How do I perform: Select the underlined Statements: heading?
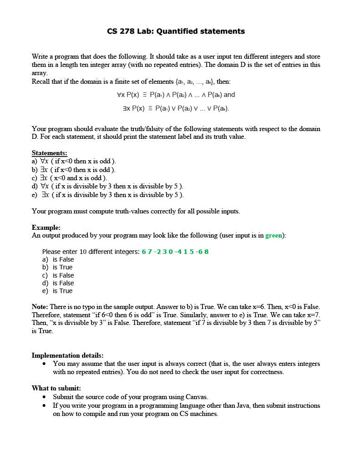(49, 153)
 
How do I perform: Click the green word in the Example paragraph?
(274, 235)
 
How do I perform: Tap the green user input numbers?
(175, 252)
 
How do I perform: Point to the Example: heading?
(46, 228)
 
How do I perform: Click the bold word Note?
(40, 307)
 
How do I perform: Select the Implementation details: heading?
(67, 355)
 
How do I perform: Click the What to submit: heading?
(56, 388)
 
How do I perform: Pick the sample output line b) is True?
(57, 267)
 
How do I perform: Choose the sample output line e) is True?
(57, 291)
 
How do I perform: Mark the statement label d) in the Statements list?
(35, 186)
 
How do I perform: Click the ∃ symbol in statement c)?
(42, 178)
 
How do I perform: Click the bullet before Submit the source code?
(44, 397)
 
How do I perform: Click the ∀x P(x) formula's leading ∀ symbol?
(119, 95)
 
